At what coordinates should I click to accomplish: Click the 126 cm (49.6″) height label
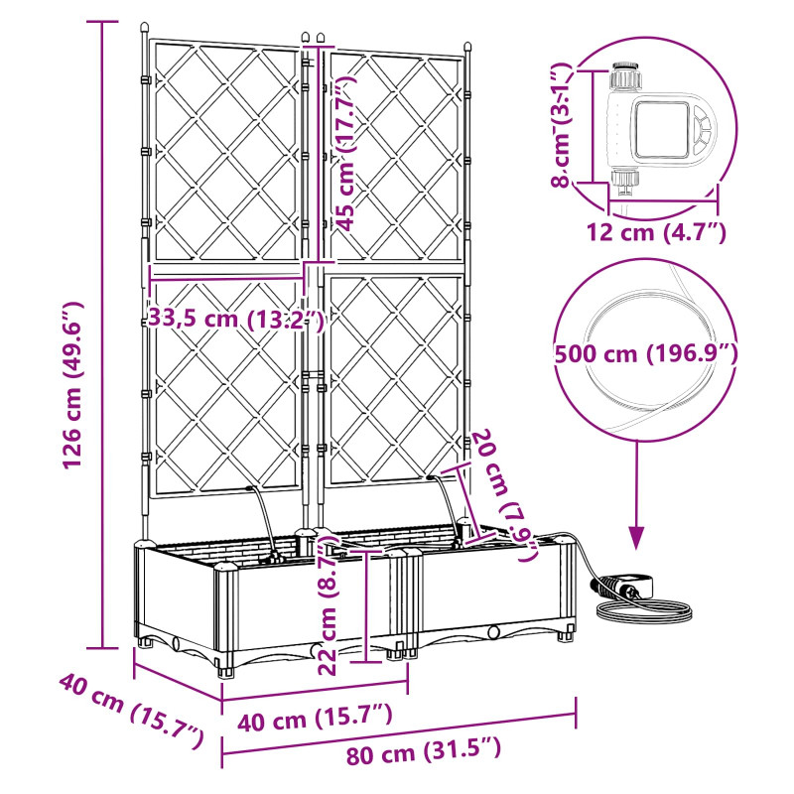pyautogui.click(x=72, y=385)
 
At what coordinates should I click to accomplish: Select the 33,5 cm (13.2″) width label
pyautogui.click(x=235, y=320)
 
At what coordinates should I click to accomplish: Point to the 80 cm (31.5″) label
pyautogui.click(x=424, y=751)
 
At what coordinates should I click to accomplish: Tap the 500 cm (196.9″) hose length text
pyautogui.click(x=646, y=353)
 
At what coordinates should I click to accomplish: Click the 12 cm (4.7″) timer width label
pyautogui.click(x=657, y=232)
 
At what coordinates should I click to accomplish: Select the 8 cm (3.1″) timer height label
pyautogui.click(x=561, y=125)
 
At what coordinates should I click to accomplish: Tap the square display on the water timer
pyautogui.click(x=661, y=129)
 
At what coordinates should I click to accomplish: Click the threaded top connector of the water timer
pyautogui.click(x=626, y=75)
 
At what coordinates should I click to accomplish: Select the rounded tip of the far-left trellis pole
pyautogui.click(x=145, y=28)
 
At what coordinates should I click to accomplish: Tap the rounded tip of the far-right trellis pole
pyautogui.click(x=467, y=48)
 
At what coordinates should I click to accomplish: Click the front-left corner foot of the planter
pyautogui.click(x=226, y=672)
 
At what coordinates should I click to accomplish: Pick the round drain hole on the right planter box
pyautogui.click(x=493, y=632)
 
